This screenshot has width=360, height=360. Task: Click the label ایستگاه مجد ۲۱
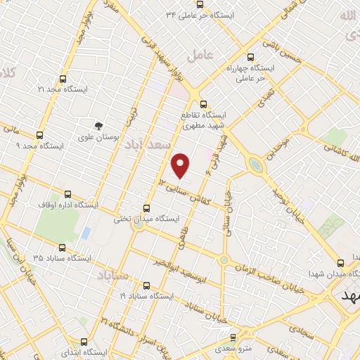(x=63, y=89)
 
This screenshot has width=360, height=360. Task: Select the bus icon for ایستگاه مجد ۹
(x=39, y=134)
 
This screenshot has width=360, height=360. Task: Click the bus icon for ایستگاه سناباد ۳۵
(x=63, y=247)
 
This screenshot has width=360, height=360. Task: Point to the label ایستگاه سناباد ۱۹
(x=146, y=297)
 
